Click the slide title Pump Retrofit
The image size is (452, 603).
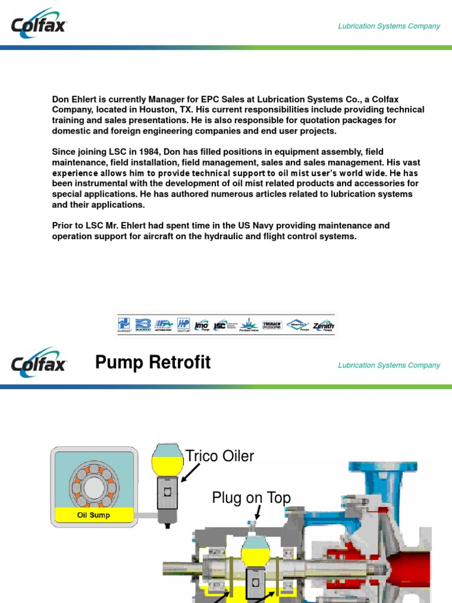(x=152, y=363)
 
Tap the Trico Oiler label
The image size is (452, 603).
(x=220, y=456)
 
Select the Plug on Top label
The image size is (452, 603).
(x=251, y=498)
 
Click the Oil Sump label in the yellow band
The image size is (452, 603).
(x=94, y=515)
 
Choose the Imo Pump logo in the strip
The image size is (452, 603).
(x=202, y=325)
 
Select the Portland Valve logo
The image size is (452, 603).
(x=250, y=325)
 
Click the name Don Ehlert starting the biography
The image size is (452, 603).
(x=75, y=99)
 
